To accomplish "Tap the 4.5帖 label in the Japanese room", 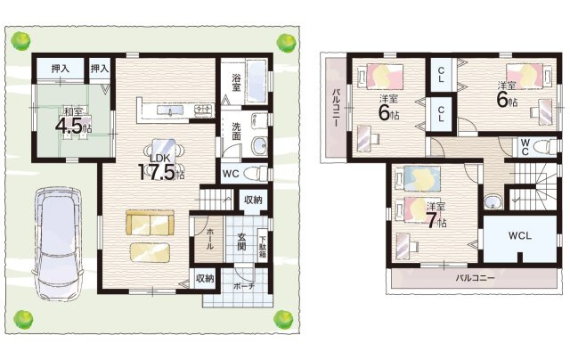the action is click(73, 126).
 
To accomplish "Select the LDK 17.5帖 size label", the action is click(161, 172).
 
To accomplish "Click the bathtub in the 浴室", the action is click(257, 81).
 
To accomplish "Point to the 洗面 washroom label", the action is click(236, 131).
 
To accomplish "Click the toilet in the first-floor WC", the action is click(255, 174).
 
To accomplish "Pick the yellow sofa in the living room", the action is click(151, 223).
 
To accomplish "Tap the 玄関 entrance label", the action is click(241, 242).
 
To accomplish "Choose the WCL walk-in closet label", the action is click(519, 235).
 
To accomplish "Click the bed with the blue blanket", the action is click(418, 178).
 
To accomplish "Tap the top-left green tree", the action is click(20, 40).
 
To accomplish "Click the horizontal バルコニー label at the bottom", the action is click(475, 279).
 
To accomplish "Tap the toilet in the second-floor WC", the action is click(544, 147).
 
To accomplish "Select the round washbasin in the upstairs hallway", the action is click(493, 202).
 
